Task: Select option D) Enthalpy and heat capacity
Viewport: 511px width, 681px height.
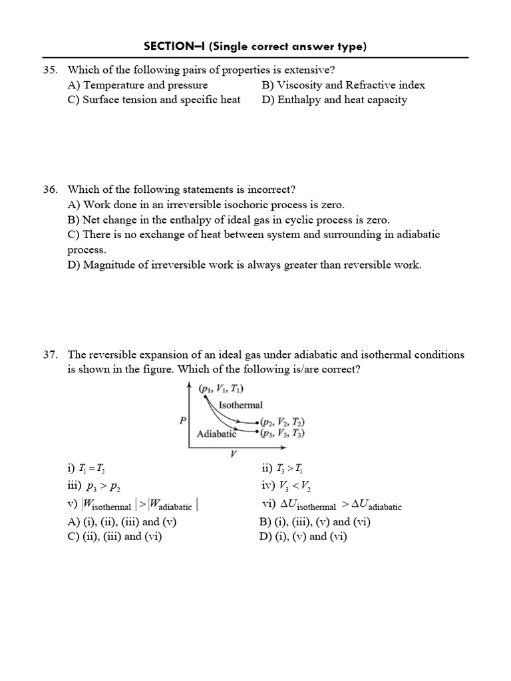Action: pyautogui.click(x=334, y=100)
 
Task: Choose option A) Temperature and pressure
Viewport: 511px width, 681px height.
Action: pyautogui.click(x=138, y=85)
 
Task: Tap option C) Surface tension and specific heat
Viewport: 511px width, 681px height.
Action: pyautogui.click(x=154, y=100)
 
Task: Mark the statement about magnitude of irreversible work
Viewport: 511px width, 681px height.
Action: pyautogui.click(x=244, y=265)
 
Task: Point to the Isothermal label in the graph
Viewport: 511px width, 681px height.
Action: pyautogui.click(x=240, y=404)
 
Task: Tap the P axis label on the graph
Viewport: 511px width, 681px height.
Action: pyautogui.click(x=182, y=420)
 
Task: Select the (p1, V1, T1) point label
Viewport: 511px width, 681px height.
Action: pyautogui.click(x=221, y=389)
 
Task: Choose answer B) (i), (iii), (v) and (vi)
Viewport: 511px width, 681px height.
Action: pyautogui.click(x=315, y=521)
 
